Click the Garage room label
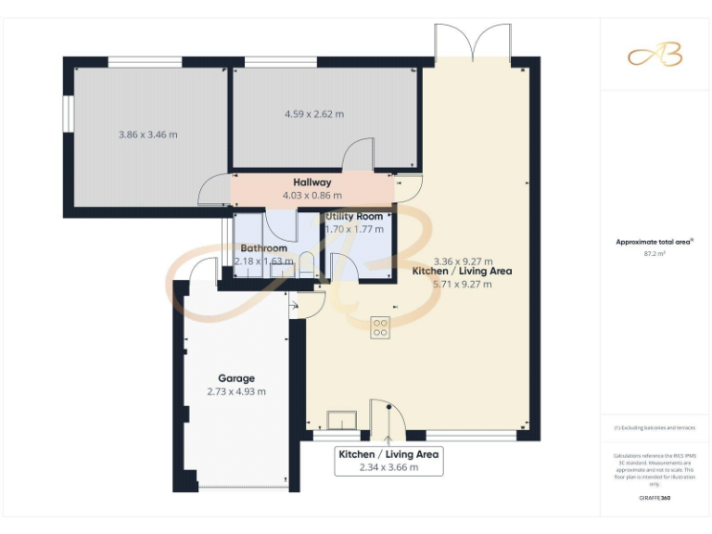click(236, 378)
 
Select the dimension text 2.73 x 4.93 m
click(236, 391)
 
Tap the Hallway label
click(311, 183)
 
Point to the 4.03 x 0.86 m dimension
click(311, 196)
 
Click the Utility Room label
click(353, 216)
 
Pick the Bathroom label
click(263, 248)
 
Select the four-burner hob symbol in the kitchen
click(380, 327)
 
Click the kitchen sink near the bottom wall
click(342, 420)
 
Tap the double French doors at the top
click(473, 43)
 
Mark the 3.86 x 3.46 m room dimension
click(148, 134)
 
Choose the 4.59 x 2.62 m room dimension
click(313, 114)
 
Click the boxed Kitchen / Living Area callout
click(388, 461)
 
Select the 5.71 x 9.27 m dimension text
click(462, 285)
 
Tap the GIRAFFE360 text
click(655, 499)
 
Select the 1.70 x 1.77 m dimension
click(353, 229)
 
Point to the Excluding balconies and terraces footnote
click(655, 427)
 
